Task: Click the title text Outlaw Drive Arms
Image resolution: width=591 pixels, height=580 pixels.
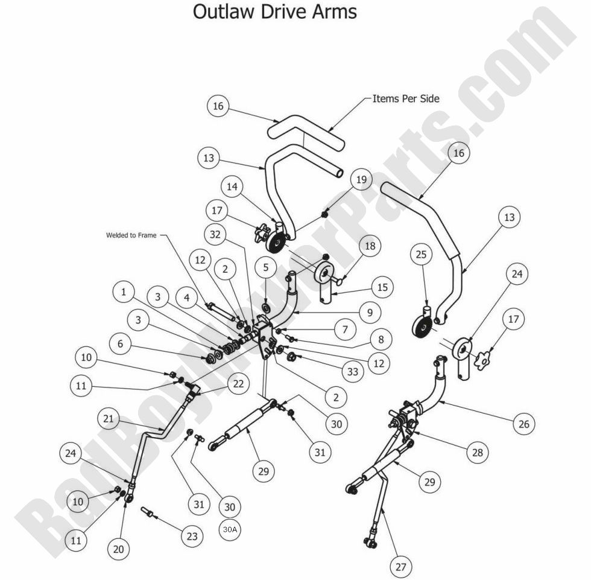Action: pyautogui.click(x=274, y=11)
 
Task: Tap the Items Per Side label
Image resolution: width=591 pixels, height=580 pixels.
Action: pyautogui.click(x=406, y=98)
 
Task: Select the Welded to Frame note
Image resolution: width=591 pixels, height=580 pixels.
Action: pyautogui.click(x=131, y=235)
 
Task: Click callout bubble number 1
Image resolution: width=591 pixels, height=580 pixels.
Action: pyautogui.click(x=124, y=293)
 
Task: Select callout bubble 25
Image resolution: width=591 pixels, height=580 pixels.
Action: pyautogui.click(x=421, y=255)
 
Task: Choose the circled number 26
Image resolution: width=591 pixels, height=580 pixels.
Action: pyautogui.click(x=523, y=424)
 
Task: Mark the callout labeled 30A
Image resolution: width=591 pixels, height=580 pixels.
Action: pyautogui.click(x=229, y=529)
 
